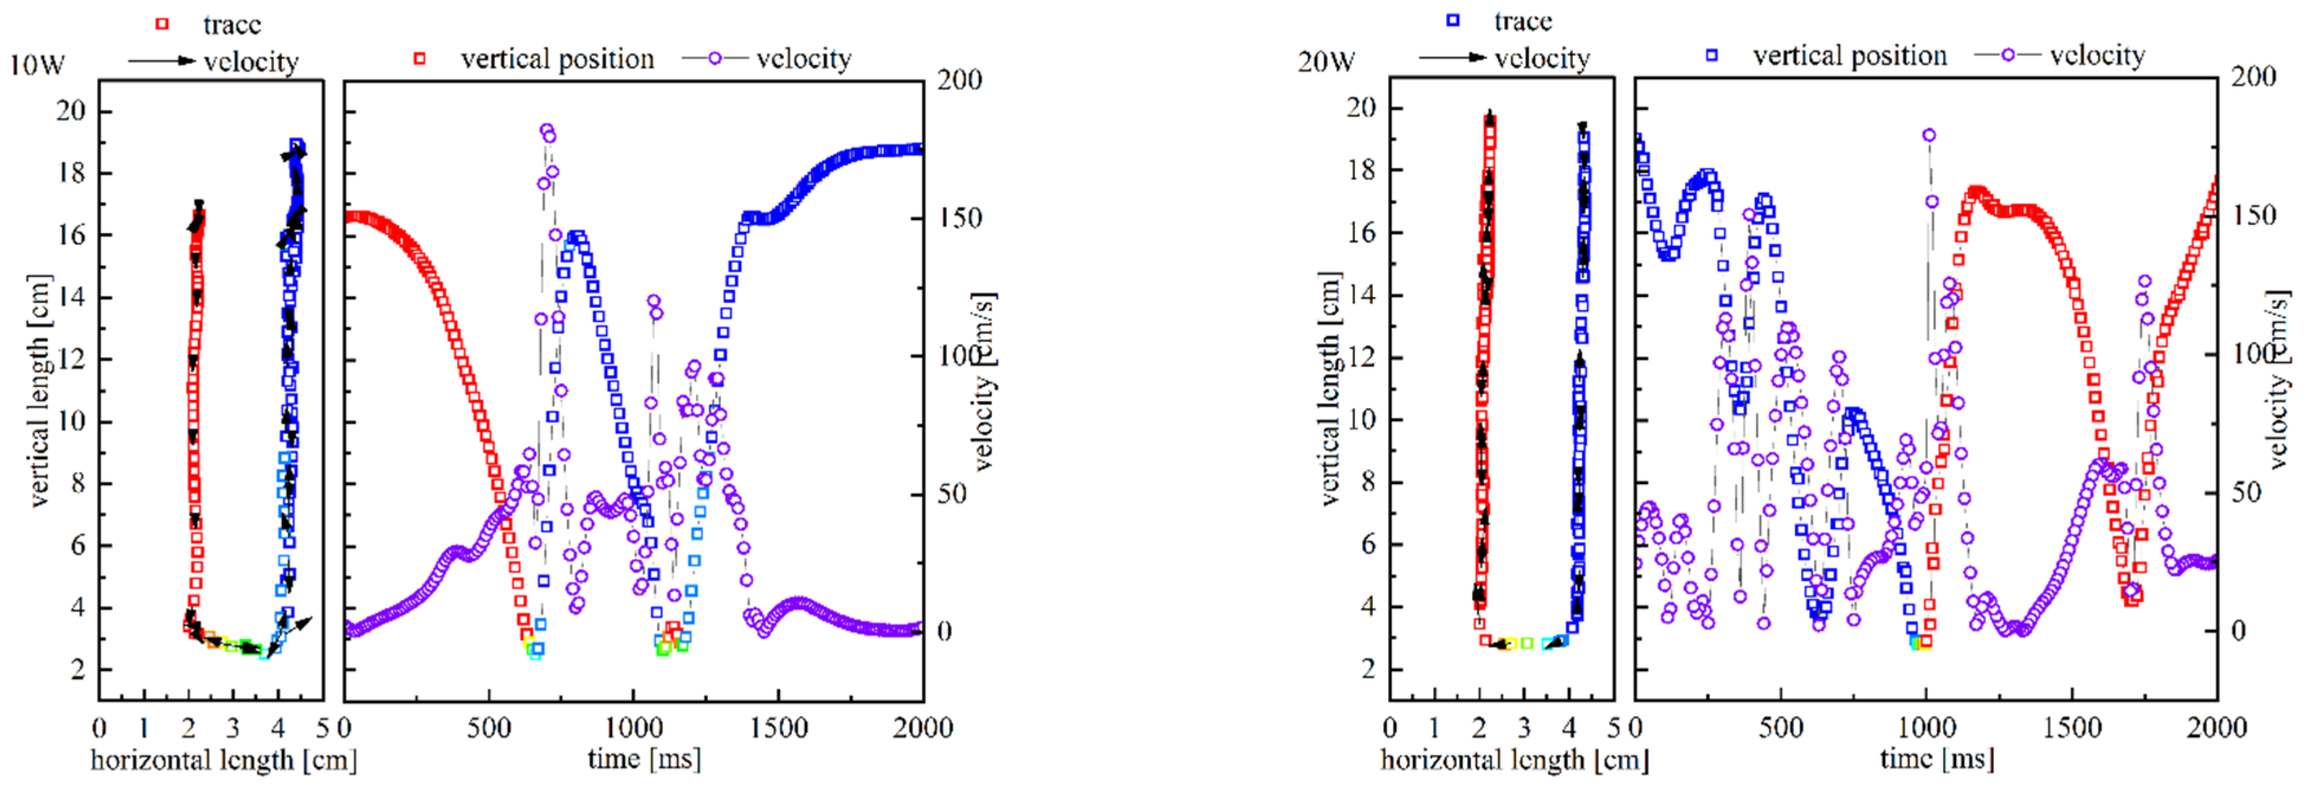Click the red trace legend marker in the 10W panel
[x=163, y=23]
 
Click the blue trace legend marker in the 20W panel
[x=1453, y=20]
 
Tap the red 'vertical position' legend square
[x=419, y=59]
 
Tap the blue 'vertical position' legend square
[x=1712, y=55]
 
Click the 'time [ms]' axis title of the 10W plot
[x=644, y=759]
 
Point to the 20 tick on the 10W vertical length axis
[x=71, y=111]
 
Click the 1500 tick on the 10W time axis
[x=778, y=728]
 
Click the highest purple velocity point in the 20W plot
[x=1929, y=135]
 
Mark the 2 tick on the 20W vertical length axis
[x=1368, y=669]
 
